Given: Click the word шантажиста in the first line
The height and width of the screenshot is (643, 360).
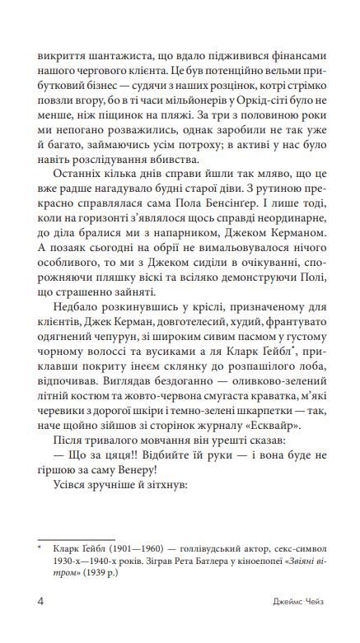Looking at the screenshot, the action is click(x=105, y=58).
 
